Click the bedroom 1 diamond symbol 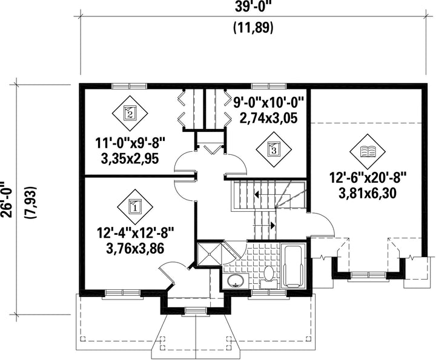pyautogui.click(x=135, y=207)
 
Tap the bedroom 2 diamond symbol pyautogui.click(x=130, y=113)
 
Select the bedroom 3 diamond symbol pyautogui.click(x=274, y=149)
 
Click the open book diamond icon pyautogui.click(x=368, y=152)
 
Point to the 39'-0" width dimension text pyautogui.click(x=253, y=7)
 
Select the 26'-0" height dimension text pyautogui.click(x=7, y=200)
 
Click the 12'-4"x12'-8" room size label pyautogui.click(x=135, y=232)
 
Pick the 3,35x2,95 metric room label pyautogui.click(x=130, y=159)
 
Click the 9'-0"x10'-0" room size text pyautogui.click(x=269, y=103)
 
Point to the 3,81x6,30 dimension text pyautogui.click(x=368, y=194)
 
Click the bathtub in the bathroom pyautogui.click(x=292, y=267)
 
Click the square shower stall pyautogui.click(x=210, y=254)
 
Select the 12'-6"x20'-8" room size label pyautogui.click(x=368, y=178)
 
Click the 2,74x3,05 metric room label pyautogui.click(x=269, y=118)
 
